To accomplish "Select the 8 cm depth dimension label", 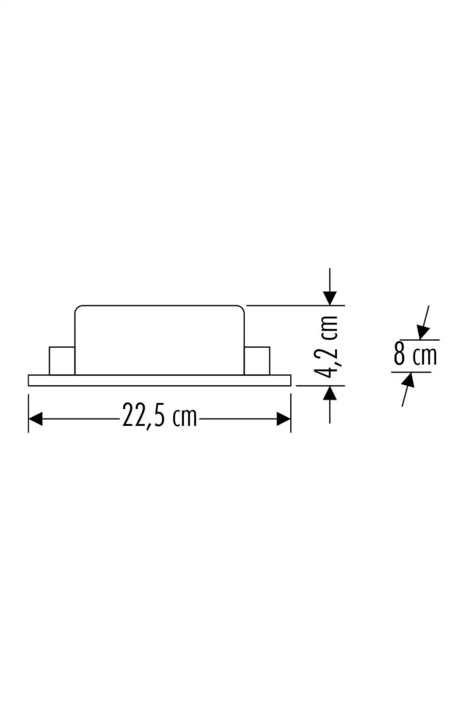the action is (415, 356).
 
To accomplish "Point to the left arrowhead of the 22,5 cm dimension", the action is (35, 419).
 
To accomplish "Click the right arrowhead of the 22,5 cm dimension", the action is (284, 419).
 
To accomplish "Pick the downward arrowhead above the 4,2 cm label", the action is (330, 298).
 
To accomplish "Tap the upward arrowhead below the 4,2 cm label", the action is (330, 393).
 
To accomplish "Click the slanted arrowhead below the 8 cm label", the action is (408, 380).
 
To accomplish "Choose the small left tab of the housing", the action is (62, 361).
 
